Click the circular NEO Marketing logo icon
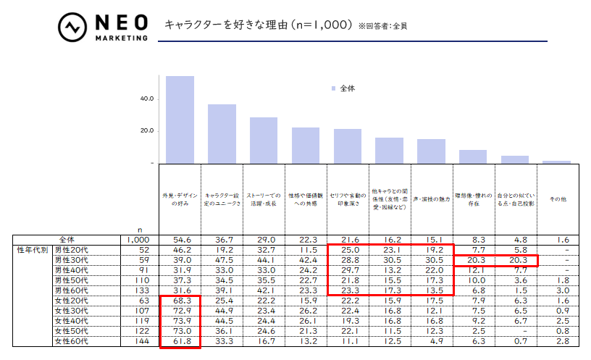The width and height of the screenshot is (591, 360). click(72, 27)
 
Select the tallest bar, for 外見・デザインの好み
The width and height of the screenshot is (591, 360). click(180, 119)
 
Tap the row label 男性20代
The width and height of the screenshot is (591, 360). click(71, 249)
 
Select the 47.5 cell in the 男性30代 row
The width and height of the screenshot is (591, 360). click(222, 260)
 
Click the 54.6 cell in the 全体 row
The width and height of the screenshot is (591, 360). click(180, 239)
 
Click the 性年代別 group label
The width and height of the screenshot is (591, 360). click(32, 249)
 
